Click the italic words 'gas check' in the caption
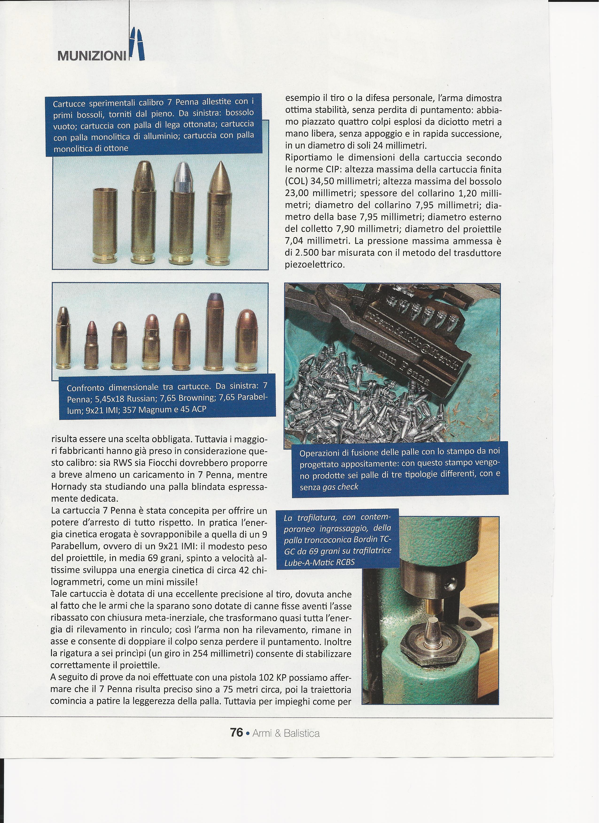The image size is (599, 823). tap(340, 487)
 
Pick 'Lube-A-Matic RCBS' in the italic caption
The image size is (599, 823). tap(319, 562)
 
